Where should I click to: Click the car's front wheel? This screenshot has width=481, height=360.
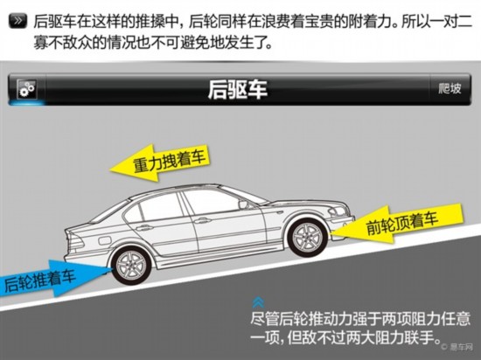click(x=308, y=237)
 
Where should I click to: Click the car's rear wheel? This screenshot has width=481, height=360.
click(x=132, y=266)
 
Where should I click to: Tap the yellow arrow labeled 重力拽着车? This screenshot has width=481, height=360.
click(x=159, y=162)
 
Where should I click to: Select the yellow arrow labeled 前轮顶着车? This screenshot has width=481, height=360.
click(x=397, y=224)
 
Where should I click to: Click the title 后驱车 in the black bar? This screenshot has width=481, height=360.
click(x=238, y=90)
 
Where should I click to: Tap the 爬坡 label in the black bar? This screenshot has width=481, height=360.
click(x=450, y=88)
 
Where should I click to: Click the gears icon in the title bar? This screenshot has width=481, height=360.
click(x=27, y=89)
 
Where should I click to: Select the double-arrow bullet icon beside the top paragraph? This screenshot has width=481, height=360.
click(x=18, y=21)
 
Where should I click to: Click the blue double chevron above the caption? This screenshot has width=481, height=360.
click(x=258, y=302)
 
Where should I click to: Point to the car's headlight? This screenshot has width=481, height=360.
click(x=337, y=211)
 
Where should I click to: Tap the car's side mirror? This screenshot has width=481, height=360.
click(x=243, y=204)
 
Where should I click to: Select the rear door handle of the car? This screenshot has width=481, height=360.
click(x=144, y=228)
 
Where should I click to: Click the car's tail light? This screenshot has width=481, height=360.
click(x=75, y=241)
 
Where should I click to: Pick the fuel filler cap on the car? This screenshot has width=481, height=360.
click(x=105, y=240)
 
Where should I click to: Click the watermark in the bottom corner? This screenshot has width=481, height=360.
click(x=457, y=348)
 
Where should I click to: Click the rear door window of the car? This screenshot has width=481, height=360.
click(x=159, y=207)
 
